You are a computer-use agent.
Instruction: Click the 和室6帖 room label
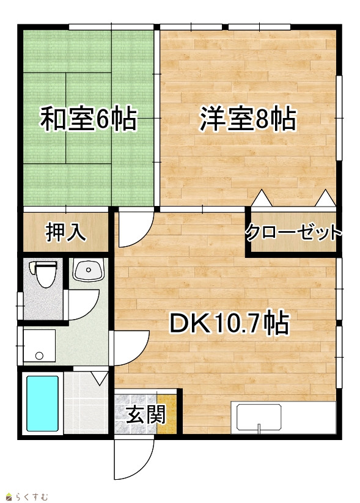[88, 119]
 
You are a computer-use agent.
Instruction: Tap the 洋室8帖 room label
[248, 119]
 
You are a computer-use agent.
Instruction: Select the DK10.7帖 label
[229, 323]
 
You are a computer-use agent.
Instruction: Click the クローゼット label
[293, 233]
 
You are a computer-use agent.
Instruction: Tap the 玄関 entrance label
[146, 414]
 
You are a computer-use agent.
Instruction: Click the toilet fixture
[43, 274]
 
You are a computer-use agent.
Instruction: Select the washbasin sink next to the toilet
[88, 270]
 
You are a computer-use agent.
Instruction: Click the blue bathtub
[43, 403]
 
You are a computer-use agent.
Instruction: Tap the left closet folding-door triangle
[262, 198]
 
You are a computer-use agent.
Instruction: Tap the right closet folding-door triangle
[325, 198]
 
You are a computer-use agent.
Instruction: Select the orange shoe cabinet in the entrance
[167, 414]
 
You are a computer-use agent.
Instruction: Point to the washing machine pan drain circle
[39, 356]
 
